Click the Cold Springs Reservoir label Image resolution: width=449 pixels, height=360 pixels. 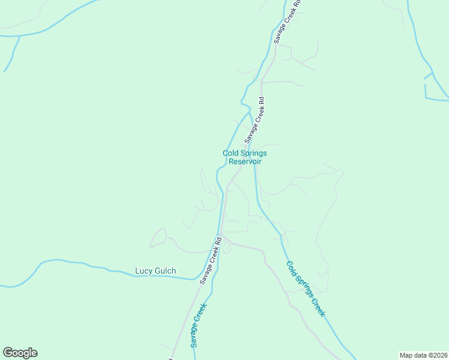pyautogui.click(x=245, y=157)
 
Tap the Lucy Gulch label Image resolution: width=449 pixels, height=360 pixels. pyautogui.click(x=155, y=271)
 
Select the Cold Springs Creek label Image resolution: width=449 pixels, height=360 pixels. pyautogui.click(x=306, y=289)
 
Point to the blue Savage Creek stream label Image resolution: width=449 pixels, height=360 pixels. pyautogui.click(x=199, y=326)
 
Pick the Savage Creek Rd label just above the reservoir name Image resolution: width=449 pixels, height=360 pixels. pyautogui.click(x=255, y=120)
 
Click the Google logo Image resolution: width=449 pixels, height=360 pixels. pyautogui.click(x=20, y=353)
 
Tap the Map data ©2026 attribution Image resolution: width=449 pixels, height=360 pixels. pyautogui.click(x=423, y=355)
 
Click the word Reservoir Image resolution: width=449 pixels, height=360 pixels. pyautogui.click(x=245, y=161)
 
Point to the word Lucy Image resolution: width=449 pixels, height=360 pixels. pyautogui.click(x=143, y=271)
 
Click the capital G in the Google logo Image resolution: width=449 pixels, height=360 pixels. pyautogui.click(x=8, y=353)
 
